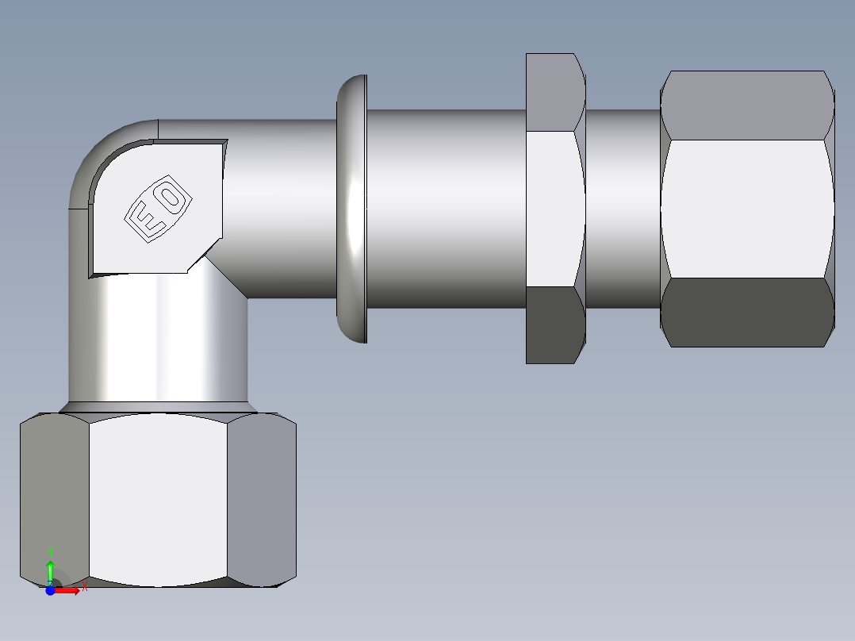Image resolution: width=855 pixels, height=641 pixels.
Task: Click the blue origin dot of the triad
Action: coord(50,590)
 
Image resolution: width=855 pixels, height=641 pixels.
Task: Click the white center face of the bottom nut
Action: coord(159,500)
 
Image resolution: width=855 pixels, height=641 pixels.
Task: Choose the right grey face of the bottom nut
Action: coord(262,500)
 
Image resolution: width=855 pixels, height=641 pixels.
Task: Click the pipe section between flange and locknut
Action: coord(444,208)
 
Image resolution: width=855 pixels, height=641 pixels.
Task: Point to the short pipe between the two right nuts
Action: coord(623,208)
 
